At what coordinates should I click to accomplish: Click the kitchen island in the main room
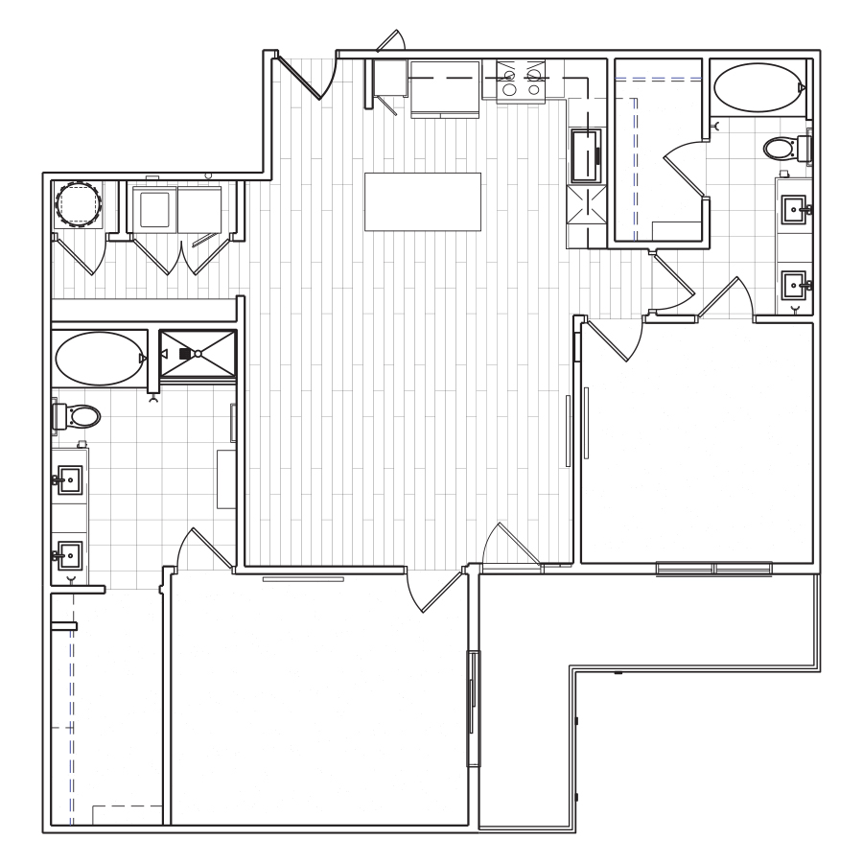(422, 200)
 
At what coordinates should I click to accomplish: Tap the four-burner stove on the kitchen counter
(522, 79)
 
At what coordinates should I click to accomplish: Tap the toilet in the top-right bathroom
(783, 148)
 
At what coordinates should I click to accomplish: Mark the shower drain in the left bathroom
(198, 354)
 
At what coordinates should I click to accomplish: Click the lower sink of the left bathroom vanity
(70, 554)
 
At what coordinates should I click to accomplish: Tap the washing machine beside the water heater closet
(155, 208)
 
